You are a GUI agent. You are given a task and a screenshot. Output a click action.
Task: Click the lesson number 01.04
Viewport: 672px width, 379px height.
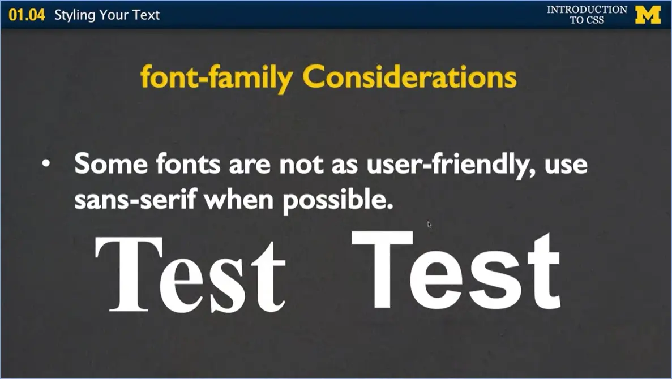click(27, 15)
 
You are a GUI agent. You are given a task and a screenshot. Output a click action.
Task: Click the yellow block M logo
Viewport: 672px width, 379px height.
click(648, 15)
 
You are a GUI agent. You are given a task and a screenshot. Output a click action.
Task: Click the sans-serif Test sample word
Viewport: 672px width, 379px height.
click(456, 269)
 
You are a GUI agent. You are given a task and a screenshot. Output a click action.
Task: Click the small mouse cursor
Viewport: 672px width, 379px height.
click(429, 225)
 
